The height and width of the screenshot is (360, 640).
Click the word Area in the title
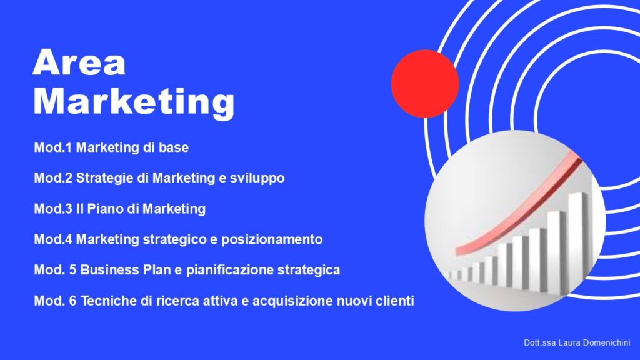(x=79, y=62)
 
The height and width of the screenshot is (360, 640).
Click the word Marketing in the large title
(x=134, y=102)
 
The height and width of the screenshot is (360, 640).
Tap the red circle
(x=425, y=84)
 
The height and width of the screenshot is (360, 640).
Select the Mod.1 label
(x=54, y=147)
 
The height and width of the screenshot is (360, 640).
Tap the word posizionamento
(x=272, y=239)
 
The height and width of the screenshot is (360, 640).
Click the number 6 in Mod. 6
(x=72, y=301)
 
